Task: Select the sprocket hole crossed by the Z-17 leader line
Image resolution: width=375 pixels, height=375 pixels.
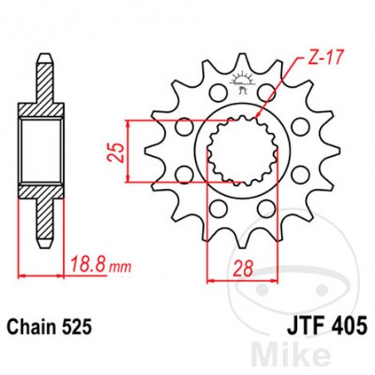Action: tap(272, 94)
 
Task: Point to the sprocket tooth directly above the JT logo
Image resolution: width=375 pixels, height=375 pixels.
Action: tap(243, 61)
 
